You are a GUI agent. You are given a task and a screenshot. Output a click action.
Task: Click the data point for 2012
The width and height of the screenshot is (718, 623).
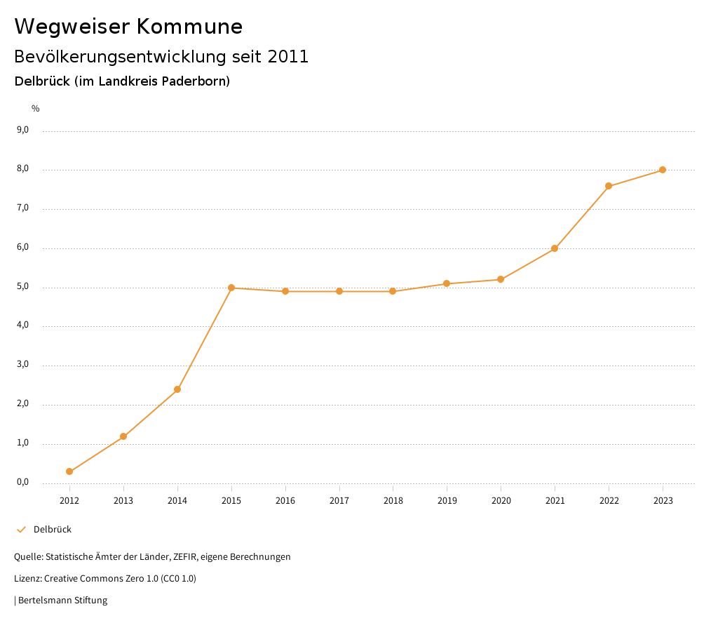click(x=69, y=471)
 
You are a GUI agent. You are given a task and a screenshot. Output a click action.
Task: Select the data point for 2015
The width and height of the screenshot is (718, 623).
click(x=231, y=288)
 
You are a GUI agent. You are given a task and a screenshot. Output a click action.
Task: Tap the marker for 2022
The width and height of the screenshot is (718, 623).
click(x=609, y=186)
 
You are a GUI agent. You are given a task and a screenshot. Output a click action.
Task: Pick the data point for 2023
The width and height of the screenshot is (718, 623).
click(x=663, y=170)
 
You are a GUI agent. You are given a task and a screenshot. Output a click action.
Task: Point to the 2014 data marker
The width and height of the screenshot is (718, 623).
click(x=177, y=389)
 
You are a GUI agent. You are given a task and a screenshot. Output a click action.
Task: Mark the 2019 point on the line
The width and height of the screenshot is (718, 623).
click(x=447, y=283)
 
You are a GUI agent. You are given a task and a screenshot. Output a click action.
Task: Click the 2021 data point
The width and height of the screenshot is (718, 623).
click(x=555, y=248)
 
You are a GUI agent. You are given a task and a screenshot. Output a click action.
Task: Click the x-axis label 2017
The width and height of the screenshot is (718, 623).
click(x=339, y=500)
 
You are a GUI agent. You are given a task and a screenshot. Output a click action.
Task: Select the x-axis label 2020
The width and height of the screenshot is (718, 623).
click(x=501, y=500)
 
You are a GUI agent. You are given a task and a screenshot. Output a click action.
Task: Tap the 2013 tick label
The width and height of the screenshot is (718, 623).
click(x=123, y=500)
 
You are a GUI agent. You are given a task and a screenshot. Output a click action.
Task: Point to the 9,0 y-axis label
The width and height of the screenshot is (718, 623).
click(x=22, y=130)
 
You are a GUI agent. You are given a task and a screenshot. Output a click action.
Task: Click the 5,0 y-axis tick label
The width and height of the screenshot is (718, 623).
click(x=22, y=286)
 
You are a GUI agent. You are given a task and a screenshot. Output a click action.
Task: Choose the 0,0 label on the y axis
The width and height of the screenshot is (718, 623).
click(x=22, y=482)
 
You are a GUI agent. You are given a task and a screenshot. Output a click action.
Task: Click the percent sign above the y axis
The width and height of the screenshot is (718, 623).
click(x=36, y=109)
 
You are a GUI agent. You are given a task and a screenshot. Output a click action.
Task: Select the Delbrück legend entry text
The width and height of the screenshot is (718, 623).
click(x=53, y=530)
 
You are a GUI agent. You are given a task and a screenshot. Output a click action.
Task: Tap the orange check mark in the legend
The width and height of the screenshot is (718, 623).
click(x=21, y=530)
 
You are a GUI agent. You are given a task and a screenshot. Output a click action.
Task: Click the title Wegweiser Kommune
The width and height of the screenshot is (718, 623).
click(x=128, y=27)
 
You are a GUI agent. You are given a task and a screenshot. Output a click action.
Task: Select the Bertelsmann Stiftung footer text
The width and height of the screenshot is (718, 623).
click(x=62, y=601)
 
